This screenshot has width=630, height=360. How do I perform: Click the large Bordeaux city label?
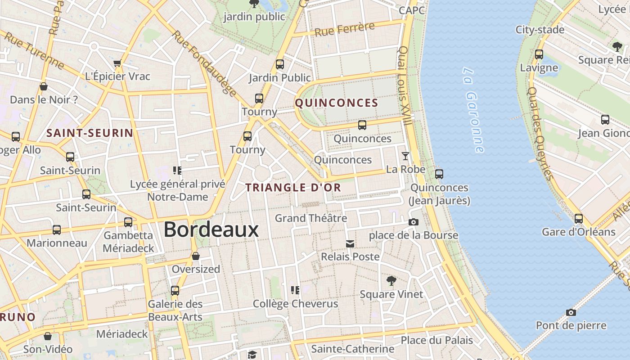click(211, 229)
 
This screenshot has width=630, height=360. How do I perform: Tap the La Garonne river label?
click(473, 110)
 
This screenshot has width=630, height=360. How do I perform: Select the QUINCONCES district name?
click(337, 103)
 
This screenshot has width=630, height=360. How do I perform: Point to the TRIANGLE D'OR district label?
click(293, 188)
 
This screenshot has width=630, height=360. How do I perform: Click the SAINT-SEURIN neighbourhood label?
click(90, 133)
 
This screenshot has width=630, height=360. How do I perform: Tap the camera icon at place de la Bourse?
click(413, 222)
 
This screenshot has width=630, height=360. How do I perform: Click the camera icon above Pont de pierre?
click(571, 312)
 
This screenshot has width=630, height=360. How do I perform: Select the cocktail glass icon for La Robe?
click(405, 156)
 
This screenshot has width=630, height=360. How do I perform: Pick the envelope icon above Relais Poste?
click(350, 244)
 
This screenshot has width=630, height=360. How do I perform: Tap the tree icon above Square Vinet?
click(391, 281)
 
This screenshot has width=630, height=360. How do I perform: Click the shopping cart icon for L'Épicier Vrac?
click(117, 63)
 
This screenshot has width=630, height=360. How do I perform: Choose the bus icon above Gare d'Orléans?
click(578, 219)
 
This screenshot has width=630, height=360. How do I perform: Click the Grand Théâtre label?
click(311, 218)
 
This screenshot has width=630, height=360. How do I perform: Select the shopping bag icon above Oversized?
click(196, 256)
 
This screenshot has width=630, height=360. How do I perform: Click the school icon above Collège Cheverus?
click(295, 290)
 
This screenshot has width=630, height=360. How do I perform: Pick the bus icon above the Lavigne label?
click(539, 54)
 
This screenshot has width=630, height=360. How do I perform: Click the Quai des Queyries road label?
click(540, 133)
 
